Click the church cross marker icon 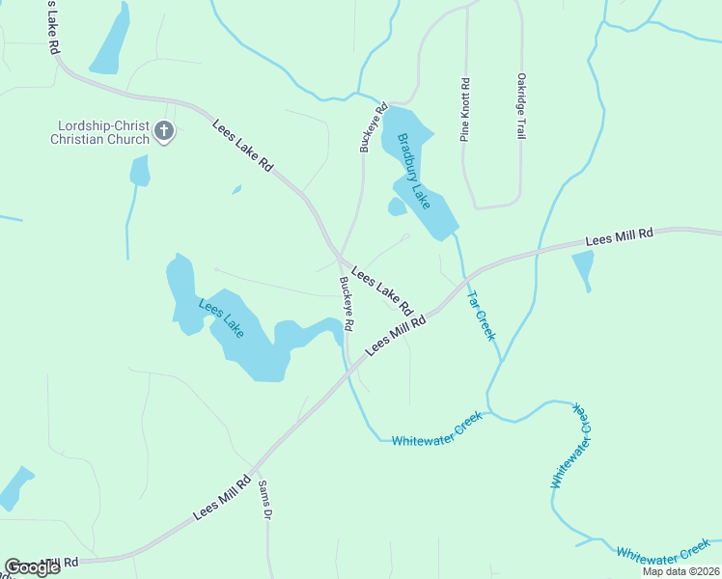click(164, 131)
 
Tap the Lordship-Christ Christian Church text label click(102, 132)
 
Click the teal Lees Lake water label click(221, 318)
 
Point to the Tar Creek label click(481, 315)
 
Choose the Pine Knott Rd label click(465, 110)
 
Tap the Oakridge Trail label click(521, 106)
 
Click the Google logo click(32, 567)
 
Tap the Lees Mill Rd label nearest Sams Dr click(223, 497)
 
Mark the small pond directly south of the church click(140, 171)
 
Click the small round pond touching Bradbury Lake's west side click(397, 207)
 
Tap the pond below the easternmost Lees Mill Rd click(583, 267)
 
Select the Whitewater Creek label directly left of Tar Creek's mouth click(436, 440)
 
